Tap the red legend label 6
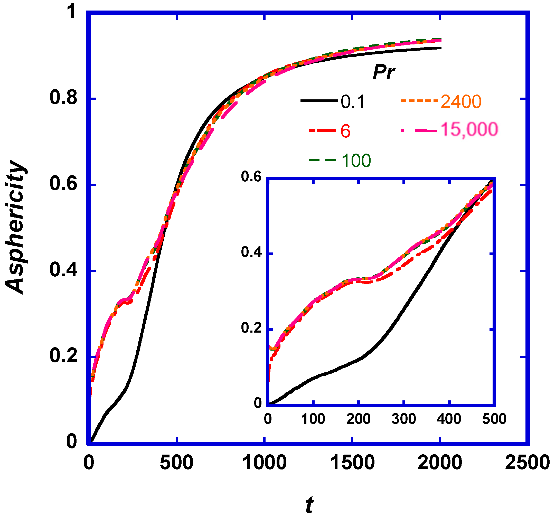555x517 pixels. point(345,131)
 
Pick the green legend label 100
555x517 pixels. point(356,161)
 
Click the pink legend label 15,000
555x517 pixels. point(469,129)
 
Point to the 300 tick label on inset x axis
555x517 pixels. point(404,419)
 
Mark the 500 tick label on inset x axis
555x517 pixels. point(494,419)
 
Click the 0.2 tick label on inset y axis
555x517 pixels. point(251,328)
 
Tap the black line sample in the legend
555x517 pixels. point(319,101)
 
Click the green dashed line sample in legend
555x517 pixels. point(322,160)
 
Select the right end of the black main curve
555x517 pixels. point(440,48)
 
